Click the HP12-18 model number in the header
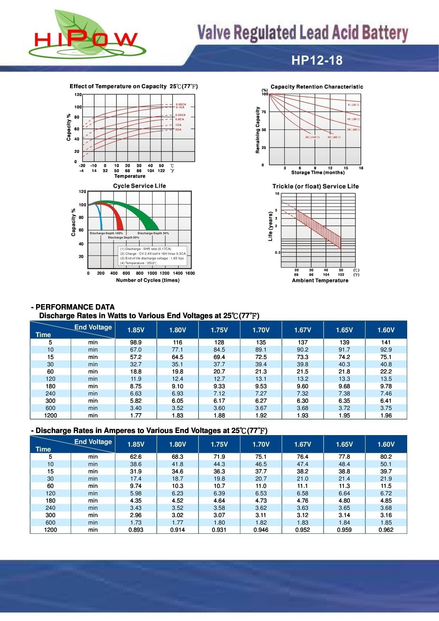pos(317,60)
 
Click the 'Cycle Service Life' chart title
pos(139,186)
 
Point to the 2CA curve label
pos(178,130)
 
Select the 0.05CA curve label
pos(181,104)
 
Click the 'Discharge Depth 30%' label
pos(153,233)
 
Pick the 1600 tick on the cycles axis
pos(190,273)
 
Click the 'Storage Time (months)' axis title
pos(318,172)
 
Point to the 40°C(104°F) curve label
pos(312,137)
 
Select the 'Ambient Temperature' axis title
pos(320,280)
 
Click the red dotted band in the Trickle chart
pos(318,228)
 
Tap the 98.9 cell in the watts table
pos(136,342)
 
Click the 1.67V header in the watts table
pos(302,330)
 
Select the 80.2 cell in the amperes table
pos(386,457)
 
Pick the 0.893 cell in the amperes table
pos(136,530)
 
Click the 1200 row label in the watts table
pos(51,415)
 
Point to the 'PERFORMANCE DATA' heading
pos(75,307)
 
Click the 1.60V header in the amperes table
pos(386,444)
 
